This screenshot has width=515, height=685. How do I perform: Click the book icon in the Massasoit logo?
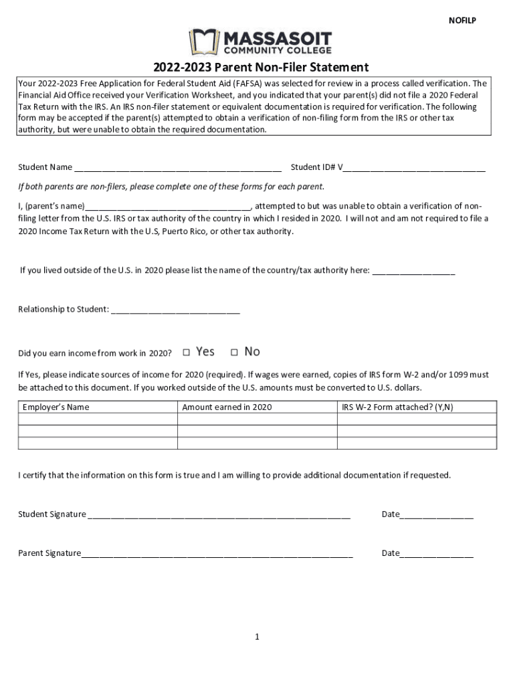pyautogui.click(x=203, y=41)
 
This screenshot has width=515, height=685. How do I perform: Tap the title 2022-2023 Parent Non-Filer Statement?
pyautogui.click(x=261, y=68)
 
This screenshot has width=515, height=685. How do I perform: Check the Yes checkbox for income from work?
pyautogui.click(x=187, y=352)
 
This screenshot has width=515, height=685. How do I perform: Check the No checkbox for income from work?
pyautogui.click(x=235, y=352)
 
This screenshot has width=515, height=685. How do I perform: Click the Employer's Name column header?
pyautogui.click(x=56, y=407)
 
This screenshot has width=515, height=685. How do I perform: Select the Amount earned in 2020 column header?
pyautogui.click(x=227, y=407)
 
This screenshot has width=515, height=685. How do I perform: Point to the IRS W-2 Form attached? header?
pyautogui.click(x=397, y=407)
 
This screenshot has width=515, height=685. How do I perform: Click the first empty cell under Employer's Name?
pyautogui.click(x=98, y=419)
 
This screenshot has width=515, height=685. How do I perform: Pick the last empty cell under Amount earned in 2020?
pyautogui.click(x=257, y=443)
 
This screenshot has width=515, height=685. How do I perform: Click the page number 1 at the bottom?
pyautogui.click(x=257, y=637)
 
